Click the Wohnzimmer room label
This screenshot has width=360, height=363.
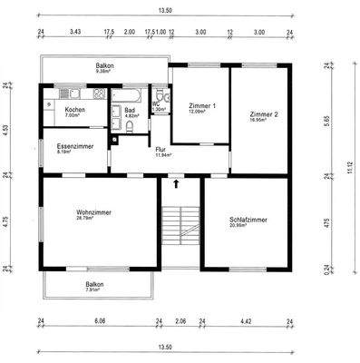[94, 214]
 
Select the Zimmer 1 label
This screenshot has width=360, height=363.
[201, 108]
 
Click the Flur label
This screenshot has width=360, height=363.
[161, 151]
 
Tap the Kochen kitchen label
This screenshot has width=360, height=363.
[75, 112]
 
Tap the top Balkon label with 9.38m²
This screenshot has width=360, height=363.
[105, 69]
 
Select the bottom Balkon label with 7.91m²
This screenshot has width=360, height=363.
[94, 287]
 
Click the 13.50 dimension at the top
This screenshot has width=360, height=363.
[163, 11]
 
